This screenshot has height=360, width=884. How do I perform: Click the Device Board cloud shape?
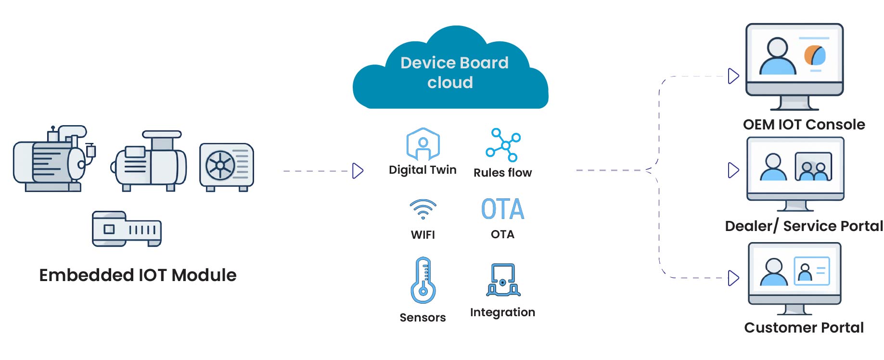pyautogui.click(x=450, y=72)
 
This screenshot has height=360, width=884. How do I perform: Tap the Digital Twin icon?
pyautogui.click(x=423, y=143)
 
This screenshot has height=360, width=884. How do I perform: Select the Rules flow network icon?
pyautogui.click(x=503, y=145)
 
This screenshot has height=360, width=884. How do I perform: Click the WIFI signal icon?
pyautogui.click(x=423, y=209)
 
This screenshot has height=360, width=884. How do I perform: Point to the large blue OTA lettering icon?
pyautogui.click(x=502, y=209)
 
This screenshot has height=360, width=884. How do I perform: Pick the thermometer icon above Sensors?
pyautogui.click(x=423, y=280)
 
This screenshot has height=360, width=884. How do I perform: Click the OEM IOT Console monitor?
pyautogui.click(x=794, y=65)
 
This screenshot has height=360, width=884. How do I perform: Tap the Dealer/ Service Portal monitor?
pyautogui.click(x=795, y=173)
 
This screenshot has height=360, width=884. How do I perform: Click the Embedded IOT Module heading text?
pyautogui.click(x=138, y=275)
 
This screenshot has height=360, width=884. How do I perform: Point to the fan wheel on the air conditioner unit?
pyautogui.click(x=220, y=166)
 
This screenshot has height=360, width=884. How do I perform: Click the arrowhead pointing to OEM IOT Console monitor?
pyautogui.click(x=733, y=76)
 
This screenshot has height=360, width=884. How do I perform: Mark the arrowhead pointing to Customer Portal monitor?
pyautogui.click(x=733, y=278)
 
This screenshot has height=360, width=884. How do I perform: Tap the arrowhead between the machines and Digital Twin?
pyautogui.click(x=358, y=171)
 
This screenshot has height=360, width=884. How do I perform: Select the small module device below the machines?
pyautogui.click(x=127, y=229)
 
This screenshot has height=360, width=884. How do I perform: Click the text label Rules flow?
pyautogui.click(x=502, y=173)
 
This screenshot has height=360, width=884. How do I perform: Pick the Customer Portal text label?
pyautogui.click(x=804, y=328)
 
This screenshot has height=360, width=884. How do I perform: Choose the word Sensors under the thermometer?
pyautogui.click(x=423, y=318)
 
